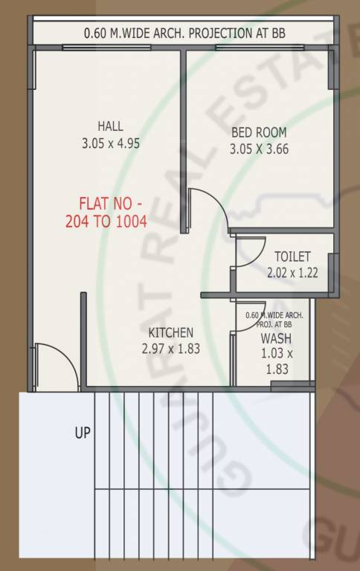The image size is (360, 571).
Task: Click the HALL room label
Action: (x=109, y=126)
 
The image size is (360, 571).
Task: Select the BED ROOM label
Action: (x=259, y=132)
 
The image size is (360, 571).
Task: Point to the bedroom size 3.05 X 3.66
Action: (x=259, y=148)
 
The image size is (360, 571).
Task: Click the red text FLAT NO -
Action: (x=111, y=203)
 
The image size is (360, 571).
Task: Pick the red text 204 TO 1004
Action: (x=111, y=220)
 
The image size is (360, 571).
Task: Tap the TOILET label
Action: (x=292, y=257)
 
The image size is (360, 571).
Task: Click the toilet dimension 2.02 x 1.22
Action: (x=292, y=272)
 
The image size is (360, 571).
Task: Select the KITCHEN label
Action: (x=170, y=332)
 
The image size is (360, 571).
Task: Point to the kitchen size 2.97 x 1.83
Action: (x=170, y=347)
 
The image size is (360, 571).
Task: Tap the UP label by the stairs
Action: (x=82, y=432)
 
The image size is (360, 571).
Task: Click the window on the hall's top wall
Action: (x=94, y=47)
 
